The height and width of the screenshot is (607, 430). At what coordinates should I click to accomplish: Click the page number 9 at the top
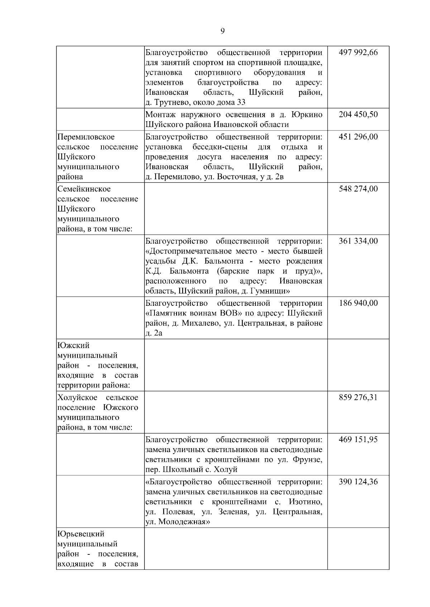click(223, 31)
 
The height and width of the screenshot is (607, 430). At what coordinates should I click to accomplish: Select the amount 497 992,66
click(358, 53)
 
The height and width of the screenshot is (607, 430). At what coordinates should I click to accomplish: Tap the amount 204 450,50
click(358, 115)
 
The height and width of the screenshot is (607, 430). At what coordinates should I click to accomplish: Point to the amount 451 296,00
click(358, 137)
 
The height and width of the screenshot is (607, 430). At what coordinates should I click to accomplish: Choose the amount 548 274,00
click(358, 189)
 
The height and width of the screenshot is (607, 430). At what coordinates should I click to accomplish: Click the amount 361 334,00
click(358, 241)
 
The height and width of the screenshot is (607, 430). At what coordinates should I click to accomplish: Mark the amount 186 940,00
click(358, 303)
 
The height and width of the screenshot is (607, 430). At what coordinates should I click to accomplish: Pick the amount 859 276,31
click(358, 397)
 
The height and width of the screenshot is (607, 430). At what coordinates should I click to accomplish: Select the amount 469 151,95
click(358, 439)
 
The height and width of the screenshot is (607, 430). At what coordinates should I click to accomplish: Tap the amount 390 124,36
click(358, 481)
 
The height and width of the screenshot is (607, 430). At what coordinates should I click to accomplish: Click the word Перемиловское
click(86, 137)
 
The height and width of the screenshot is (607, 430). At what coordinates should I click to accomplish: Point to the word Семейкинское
click(84, 189)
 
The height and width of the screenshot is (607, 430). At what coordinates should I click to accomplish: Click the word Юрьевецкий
click(81, 534)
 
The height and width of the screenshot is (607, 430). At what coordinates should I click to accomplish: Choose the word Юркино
click(307, 115)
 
